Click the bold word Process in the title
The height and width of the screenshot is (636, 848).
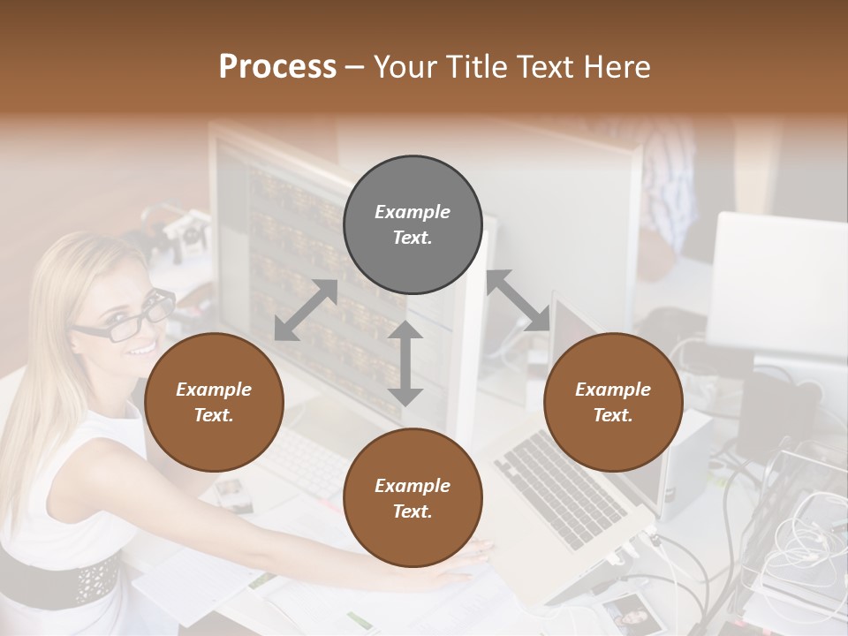click(277, 67)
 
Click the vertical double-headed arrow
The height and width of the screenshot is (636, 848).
click(405, 363)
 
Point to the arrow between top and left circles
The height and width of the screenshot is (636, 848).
click(306, 310)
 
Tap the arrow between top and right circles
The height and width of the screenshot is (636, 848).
click(519, 300)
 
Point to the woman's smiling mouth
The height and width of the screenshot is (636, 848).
click(141, 348)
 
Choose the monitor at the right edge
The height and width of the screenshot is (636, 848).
click(777, 283)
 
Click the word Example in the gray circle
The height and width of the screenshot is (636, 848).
click(413, 212)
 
